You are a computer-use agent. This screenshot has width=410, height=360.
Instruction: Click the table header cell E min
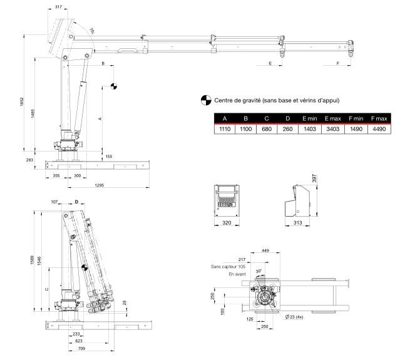pyautogui.click(x=309, y=118)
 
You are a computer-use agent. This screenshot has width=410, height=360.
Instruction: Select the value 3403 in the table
pyautogui.click(x=332, y=128)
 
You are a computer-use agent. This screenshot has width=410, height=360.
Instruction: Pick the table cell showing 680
pyautogui.click(x=265, y=128)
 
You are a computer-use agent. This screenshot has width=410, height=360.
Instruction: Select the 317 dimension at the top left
pyautogui.click(x=58, y=7)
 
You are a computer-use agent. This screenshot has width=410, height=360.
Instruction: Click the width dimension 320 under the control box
pyautogui.click(x=227, y=222)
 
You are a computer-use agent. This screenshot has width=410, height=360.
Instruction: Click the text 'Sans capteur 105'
pyautogui.click(x=230, y=266)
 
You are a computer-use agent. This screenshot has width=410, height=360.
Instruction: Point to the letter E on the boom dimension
pyautogui.click(x=270, y=64)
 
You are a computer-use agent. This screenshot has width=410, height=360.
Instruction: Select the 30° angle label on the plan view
pyautogui.click(x=259, y=271)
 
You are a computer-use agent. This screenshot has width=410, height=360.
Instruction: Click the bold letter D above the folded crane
pyautogui.click(x=76, y=202)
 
